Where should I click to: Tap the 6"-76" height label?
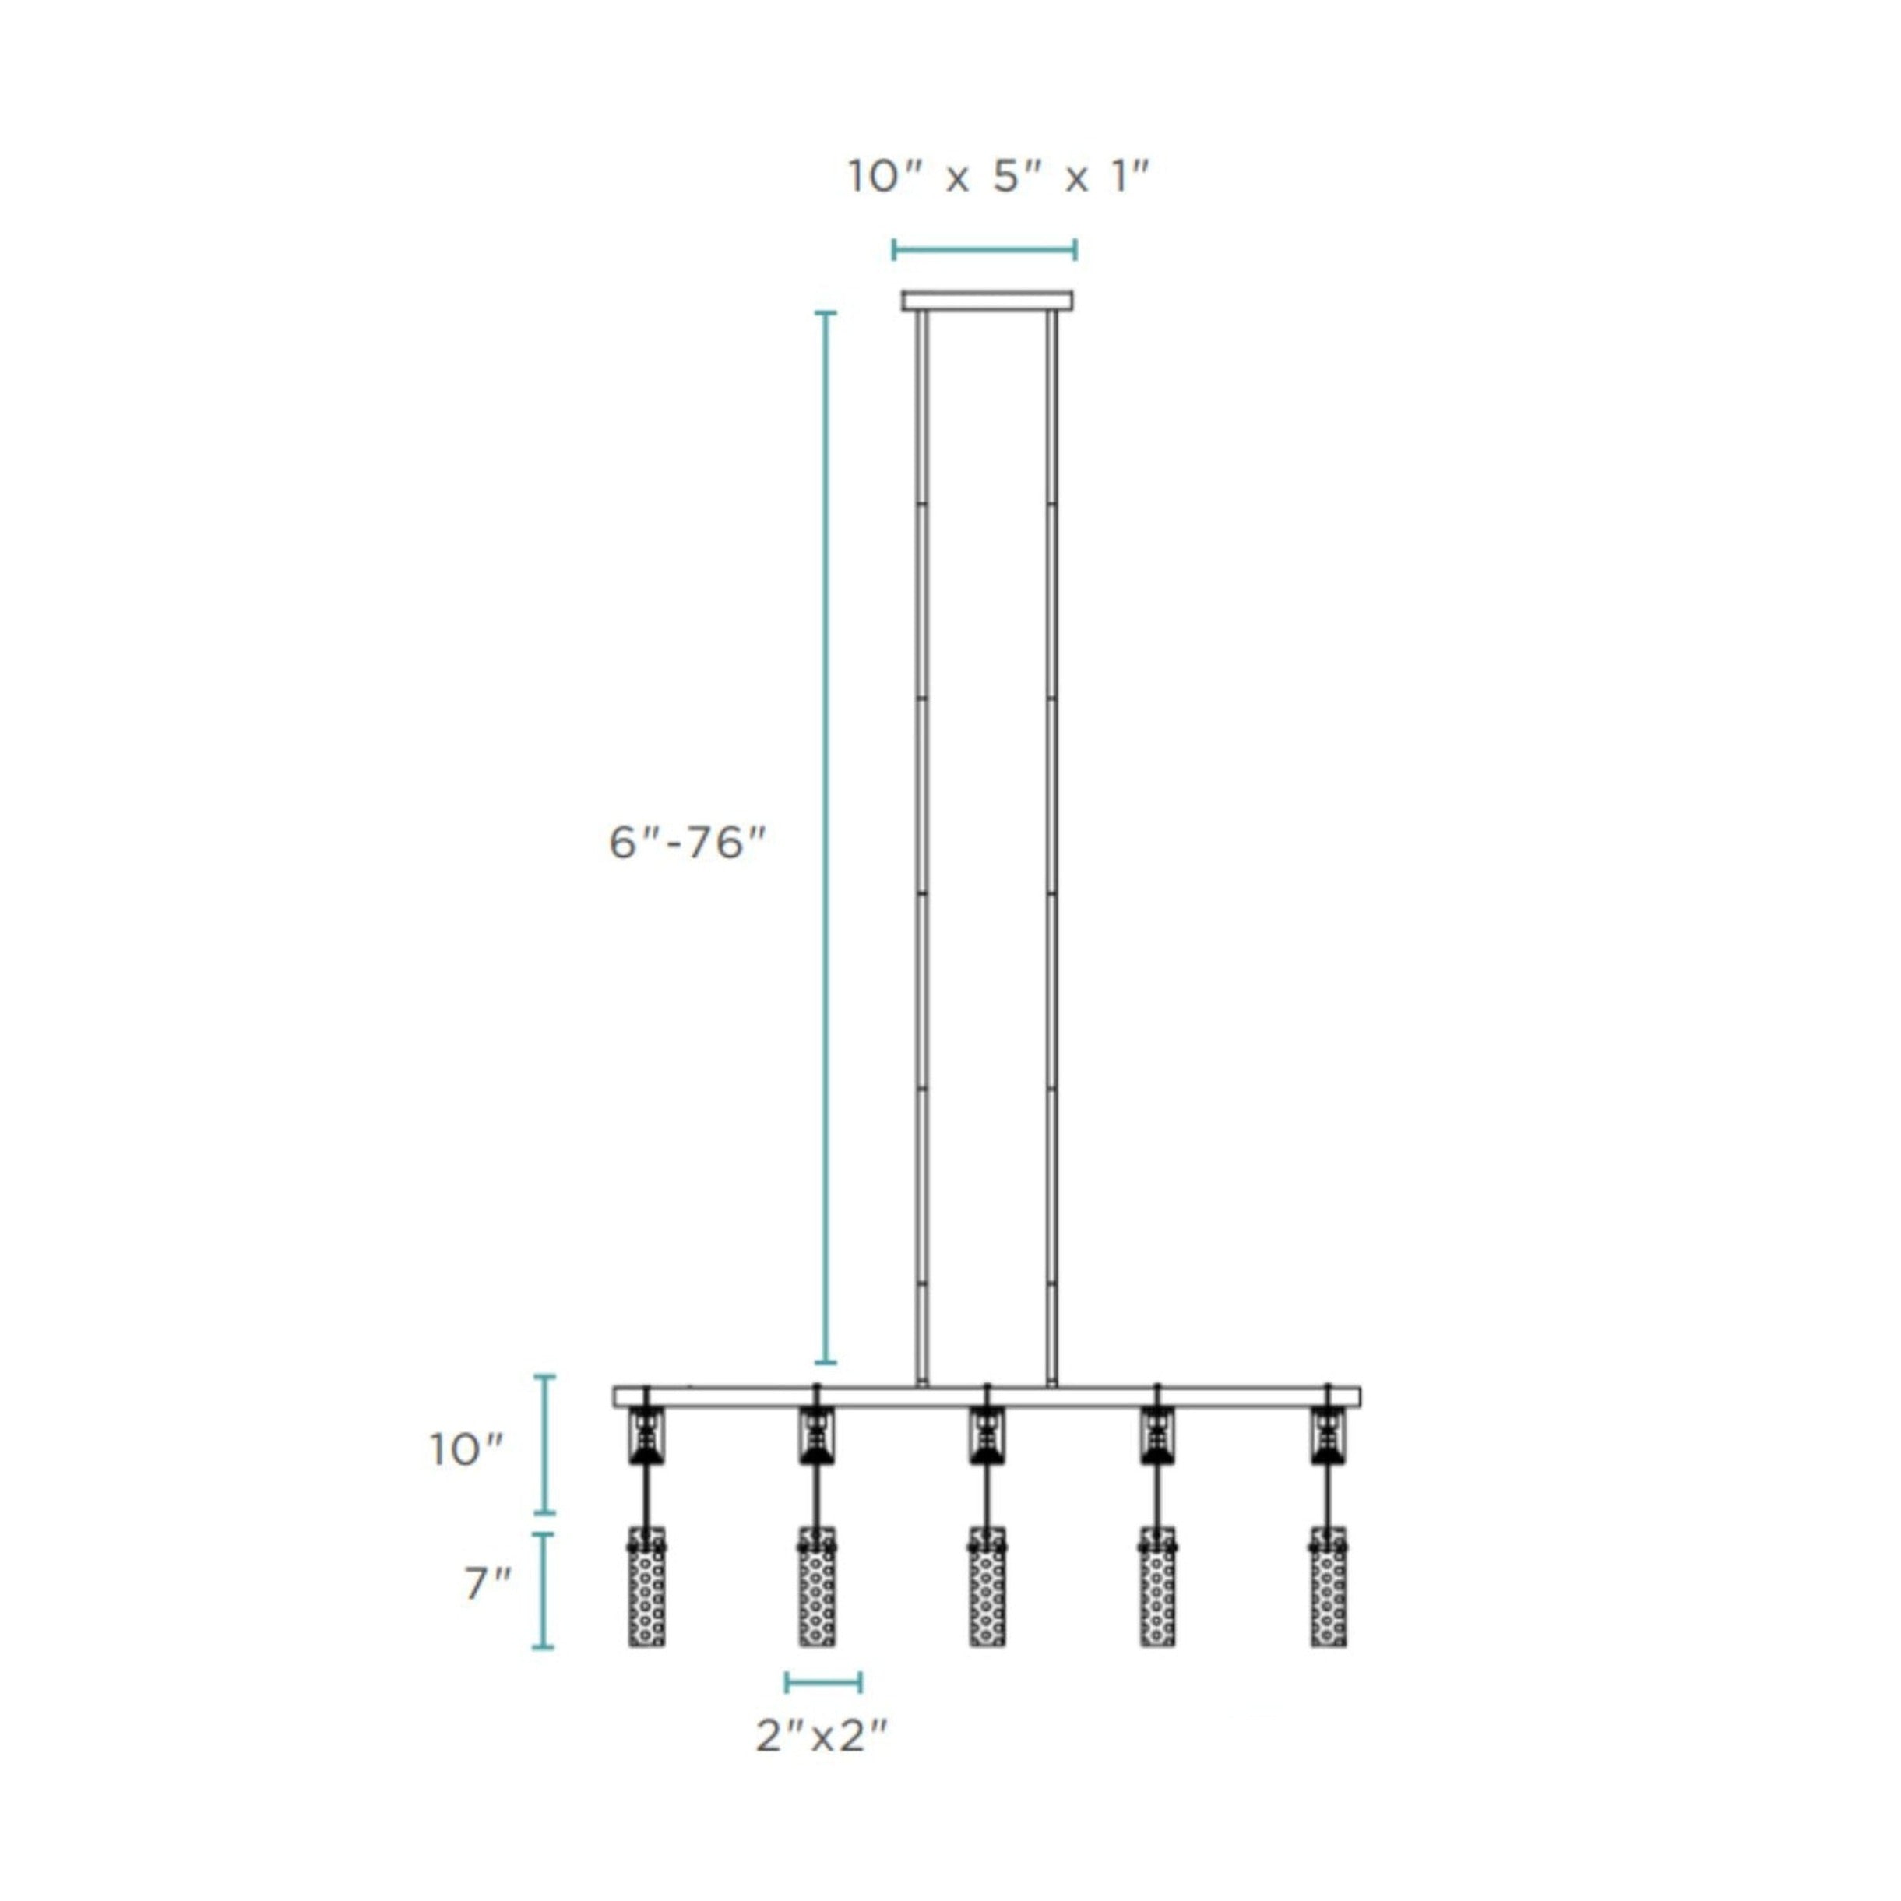pos(687,843)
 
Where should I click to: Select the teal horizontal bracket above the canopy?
pos(984,250)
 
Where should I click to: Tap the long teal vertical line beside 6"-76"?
pos(826,836)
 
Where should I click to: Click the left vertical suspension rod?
pos(922,847)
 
